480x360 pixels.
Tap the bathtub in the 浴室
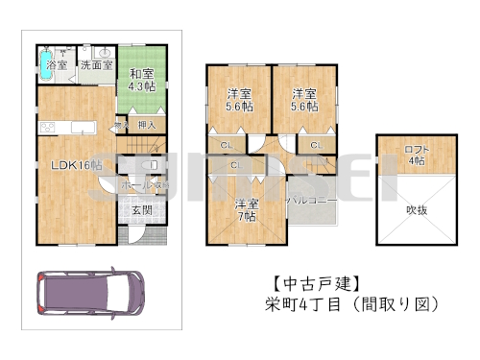[x=51, y=57]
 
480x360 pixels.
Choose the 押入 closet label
[x=148, y=125]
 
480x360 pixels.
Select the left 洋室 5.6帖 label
[x=238, y=101]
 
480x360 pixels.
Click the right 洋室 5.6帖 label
[x=305, y=101]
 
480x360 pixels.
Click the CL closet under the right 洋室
[x=316, y=145]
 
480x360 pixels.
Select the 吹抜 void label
[x=416, y=209]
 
